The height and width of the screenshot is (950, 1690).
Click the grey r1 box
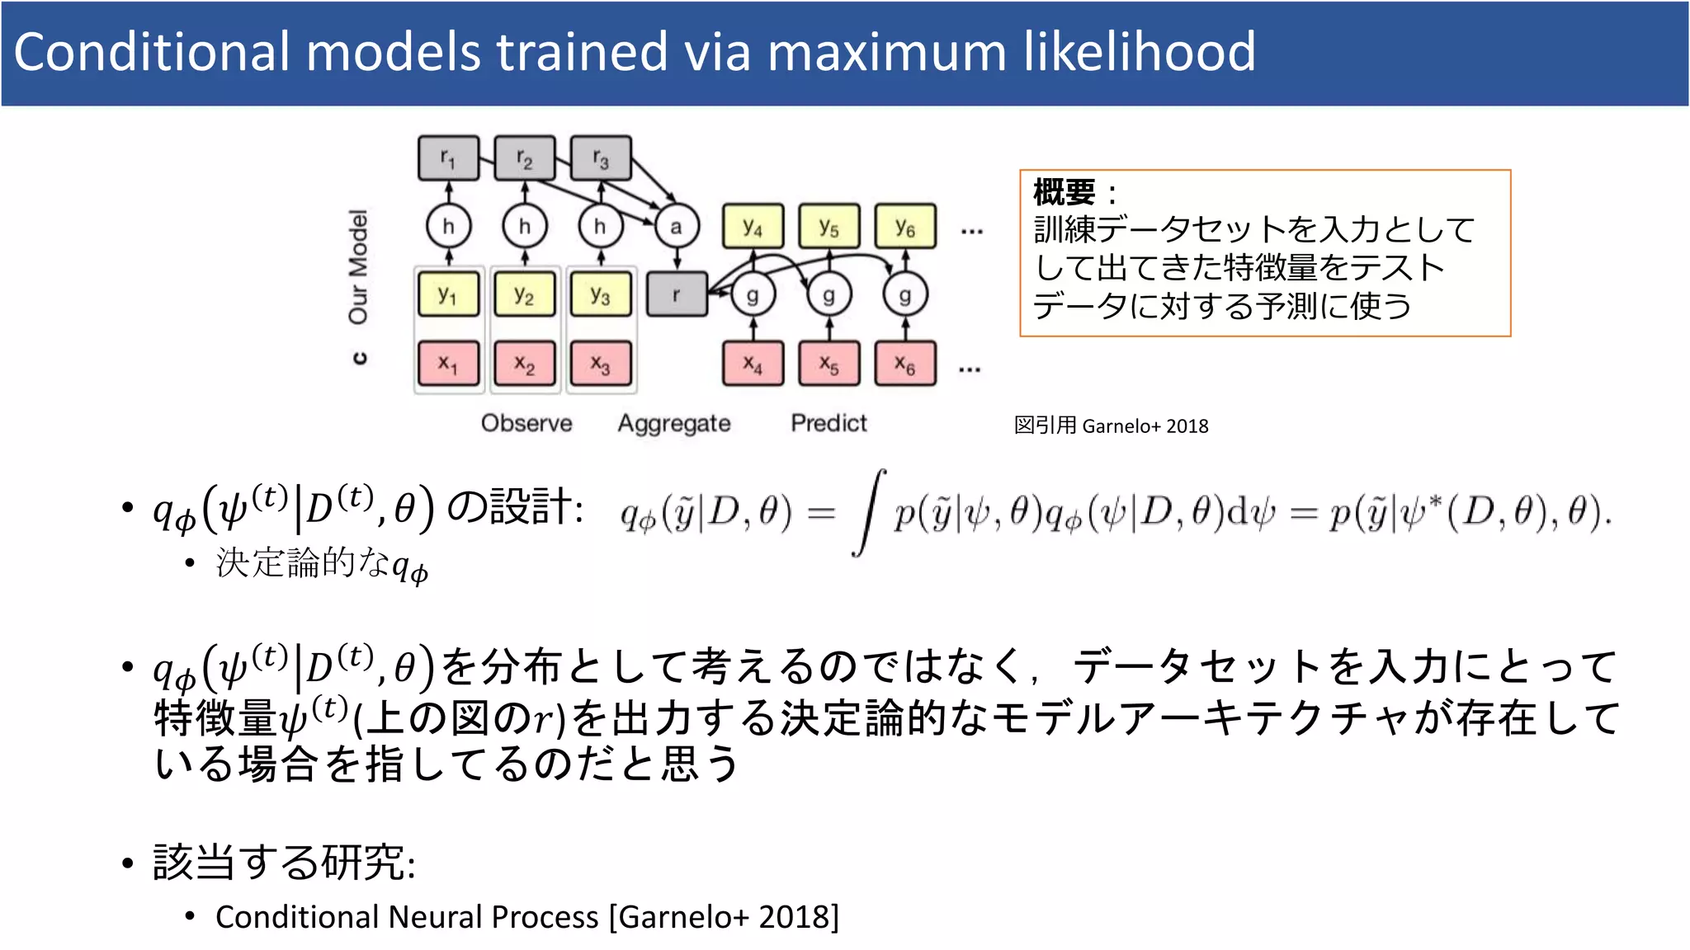(448, 158)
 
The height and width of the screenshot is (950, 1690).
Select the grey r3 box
(601, 158)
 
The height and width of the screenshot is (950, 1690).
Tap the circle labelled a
(677, 226)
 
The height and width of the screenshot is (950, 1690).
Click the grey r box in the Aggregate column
(677, 294)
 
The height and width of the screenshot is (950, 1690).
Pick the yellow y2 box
(525, 294)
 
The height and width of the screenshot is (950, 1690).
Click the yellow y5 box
(828, 226)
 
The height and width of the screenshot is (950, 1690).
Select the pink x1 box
(448, 363)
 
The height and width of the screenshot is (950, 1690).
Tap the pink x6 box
(905, 363)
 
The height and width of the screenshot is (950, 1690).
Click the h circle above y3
(601, 226)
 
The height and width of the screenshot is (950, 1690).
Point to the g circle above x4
(753, 295)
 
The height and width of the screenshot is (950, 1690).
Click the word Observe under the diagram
(526, 423)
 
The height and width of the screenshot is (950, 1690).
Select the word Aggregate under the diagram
(674, 424)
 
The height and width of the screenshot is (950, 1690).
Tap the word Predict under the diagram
(828, 423)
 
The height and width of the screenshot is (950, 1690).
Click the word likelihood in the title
(1140, 51)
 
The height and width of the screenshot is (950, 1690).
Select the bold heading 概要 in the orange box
(1065, 193)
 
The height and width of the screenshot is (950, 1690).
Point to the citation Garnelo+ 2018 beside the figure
(1145, 426)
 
